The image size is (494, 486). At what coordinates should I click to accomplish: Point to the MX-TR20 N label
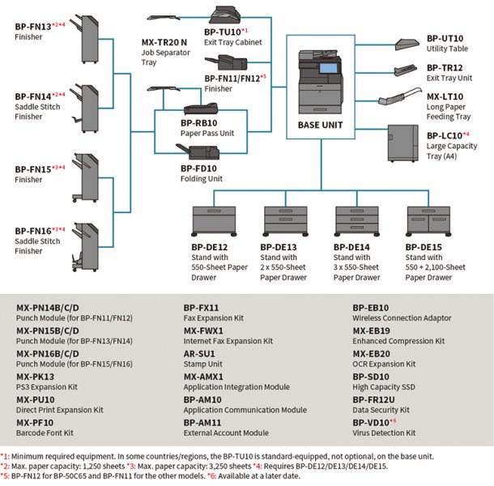pyautogui.click(x=164, y=42)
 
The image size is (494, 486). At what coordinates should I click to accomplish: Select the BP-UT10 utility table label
pyautogui.click(x=445, y=38)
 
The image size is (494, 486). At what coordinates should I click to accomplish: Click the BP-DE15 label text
pyautogui.click(x=424, y=247)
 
